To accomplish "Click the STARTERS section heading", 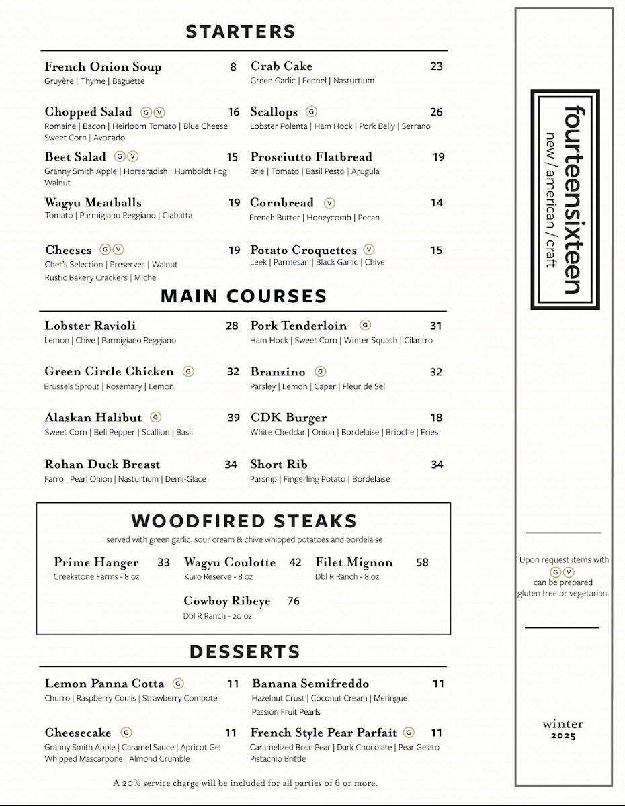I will point(241,32).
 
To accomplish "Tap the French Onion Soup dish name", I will point(103,66).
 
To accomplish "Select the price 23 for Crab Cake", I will point(437,66).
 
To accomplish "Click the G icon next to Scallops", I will point(311,111).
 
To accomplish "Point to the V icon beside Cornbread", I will point(329,202).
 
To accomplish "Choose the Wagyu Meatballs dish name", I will point(93,202).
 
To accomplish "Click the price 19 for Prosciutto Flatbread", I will point(439,157).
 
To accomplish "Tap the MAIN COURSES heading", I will point(243,296).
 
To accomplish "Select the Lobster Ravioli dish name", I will point(90,326).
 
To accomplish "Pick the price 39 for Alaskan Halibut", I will point(233,418).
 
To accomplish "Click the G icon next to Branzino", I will point(321,371).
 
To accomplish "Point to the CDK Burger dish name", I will point(288,418).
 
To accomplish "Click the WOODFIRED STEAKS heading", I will point(244,521).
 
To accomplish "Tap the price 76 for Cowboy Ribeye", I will point(294,601).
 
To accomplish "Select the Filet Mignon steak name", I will point(353,562).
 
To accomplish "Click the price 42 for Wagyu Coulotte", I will point(296,562).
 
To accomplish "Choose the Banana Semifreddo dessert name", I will point(310,684).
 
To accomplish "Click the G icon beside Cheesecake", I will point(126,733).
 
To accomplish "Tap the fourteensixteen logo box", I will point(565,199).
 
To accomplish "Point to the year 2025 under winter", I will point(562,735).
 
